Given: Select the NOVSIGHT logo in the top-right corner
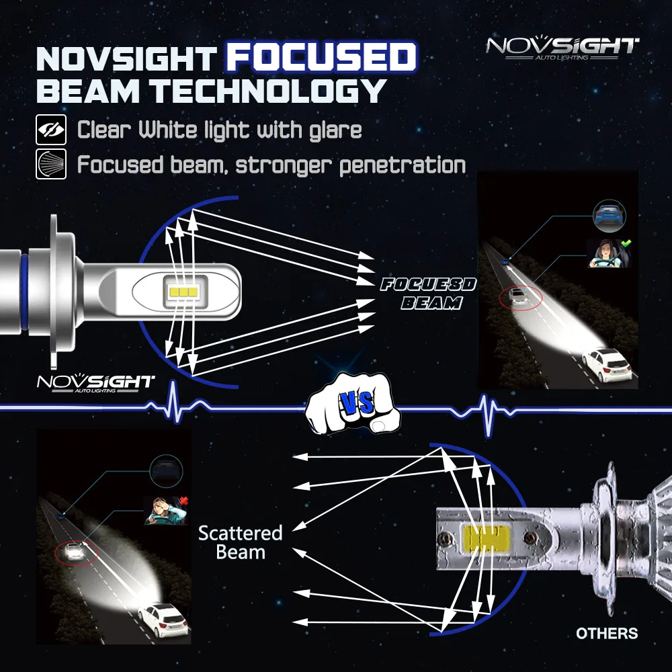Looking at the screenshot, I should (562, 48).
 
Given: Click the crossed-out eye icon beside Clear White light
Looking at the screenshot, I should (51, 130).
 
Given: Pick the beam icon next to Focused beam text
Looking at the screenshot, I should (51, 165).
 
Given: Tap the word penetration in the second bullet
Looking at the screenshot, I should (403, 165).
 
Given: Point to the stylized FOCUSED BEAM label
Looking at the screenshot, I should (427, 294).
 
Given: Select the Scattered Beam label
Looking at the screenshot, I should (240, 543).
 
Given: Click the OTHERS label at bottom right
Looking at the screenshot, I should (607, 633).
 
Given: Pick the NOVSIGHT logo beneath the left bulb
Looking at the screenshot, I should (95, 382).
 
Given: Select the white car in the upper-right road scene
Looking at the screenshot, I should (606, 364).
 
